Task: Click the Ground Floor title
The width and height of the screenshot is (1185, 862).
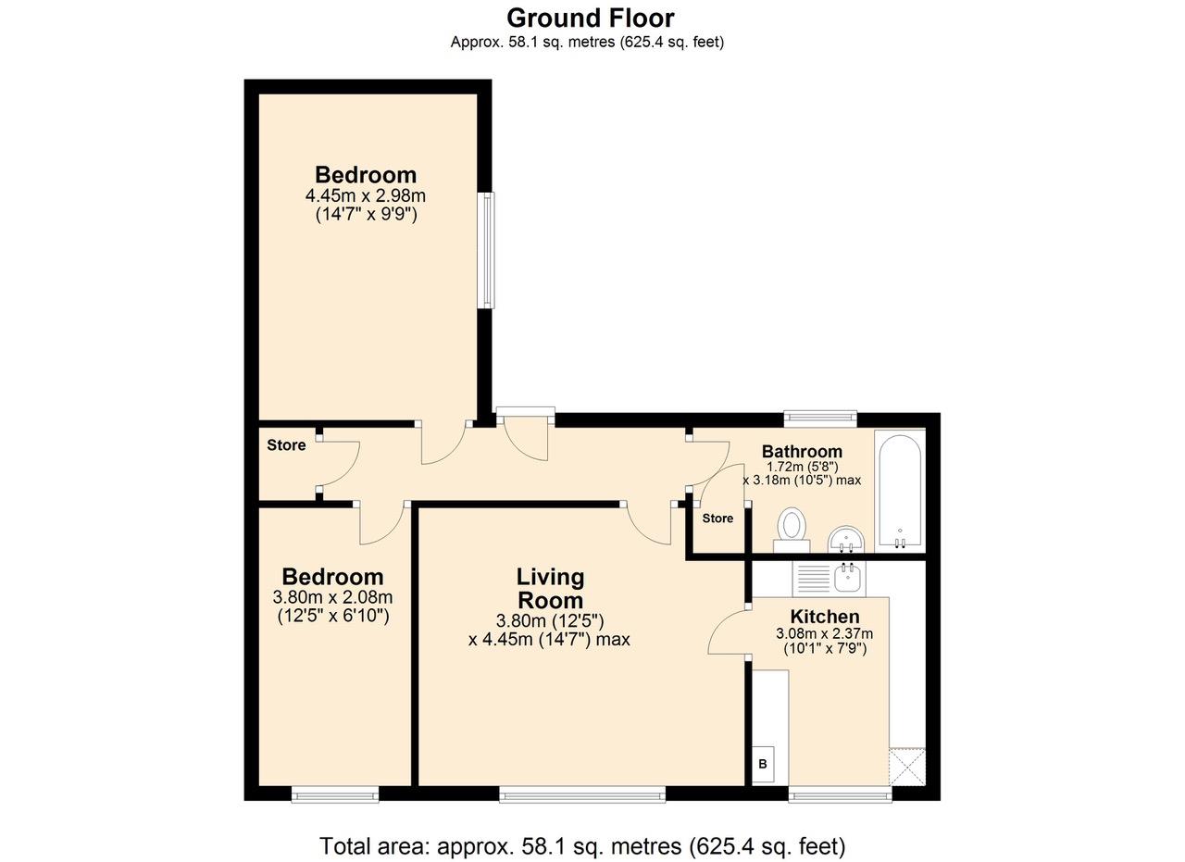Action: (591, 18)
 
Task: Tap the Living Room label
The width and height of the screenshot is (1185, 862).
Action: (550, 589)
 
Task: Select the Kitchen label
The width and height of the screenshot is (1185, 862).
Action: (825, 617)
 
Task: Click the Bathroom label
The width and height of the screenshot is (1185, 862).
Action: (802, 452)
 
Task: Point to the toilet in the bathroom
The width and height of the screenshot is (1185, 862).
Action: (792, 531)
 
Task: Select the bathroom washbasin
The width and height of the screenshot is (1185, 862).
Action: (846, 539)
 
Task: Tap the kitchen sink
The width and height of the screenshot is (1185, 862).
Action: (849, 579)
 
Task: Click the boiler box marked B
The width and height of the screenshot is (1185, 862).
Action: (763, 764)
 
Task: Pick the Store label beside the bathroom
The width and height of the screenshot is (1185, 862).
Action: (717, 518)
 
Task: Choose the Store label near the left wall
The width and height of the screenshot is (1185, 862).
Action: (286, 445)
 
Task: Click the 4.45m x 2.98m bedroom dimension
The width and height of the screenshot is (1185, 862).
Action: (365, 195)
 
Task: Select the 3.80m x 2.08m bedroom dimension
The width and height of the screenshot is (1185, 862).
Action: (332, 597)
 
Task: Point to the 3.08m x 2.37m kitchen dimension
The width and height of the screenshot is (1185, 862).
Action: (825, 633)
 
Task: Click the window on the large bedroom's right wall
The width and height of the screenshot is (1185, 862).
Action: (487, 250)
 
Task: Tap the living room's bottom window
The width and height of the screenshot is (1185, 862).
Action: (582, 793)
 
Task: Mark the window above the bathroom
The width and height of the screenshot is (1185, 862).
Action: (820, 419)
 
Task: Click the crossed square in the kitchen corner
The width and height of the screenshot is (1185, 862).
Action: (907, 767)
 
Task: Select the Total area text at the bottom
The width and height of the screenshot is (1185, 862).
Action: (582, 846)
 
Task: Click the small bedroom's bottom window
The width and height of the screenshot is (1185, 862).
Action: (335, 793)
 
